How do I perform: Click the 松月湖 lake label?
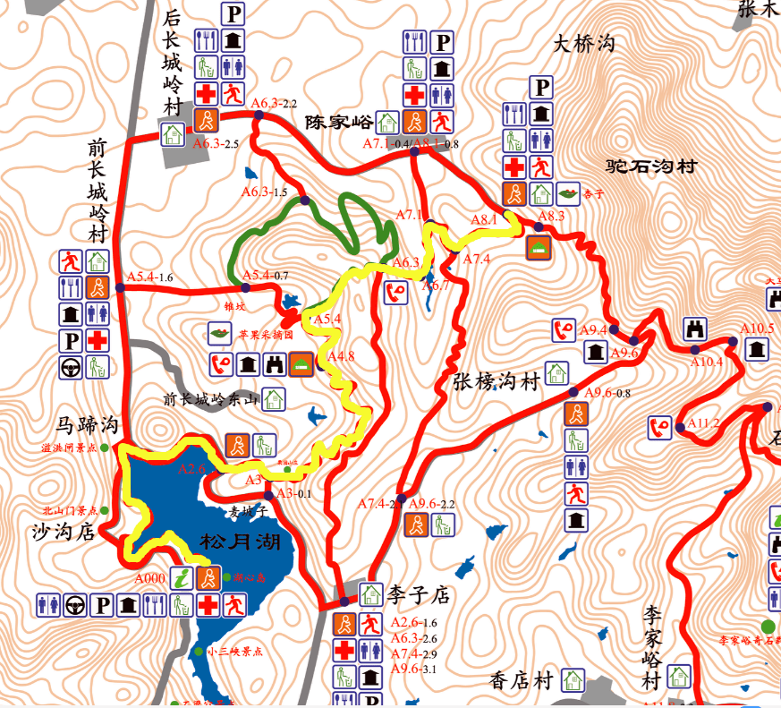[x=241, y=542]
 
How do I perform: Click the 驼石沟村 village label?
[x=650, y=166]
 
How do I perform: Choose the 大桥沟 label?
[x=585, y=43]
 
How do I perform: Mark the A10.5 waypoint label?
[x=757, y=328]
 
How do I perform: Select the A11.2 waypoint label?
[x=703, y=422]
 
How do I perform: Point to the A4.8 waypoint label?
[x=341, y=356]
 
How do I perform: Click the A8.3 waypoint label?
[x=551, y=215]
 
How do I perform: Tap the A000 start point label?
[x=150, y=578]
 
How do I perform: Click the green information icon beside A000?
[x=182, y=578]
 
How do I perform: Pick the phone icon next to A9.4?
[x=563, y=330]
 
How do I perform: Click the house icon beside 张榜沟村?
[x=556, y=371]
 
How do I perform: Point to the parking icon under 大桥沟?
[x=540, y=87]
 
